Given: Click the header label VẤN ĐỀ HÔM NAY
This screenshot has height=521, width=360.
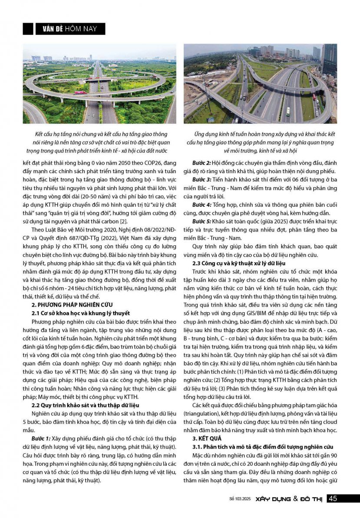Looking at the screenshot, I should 69,29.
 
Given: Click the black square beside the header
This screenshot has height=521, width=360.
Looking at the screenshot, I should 28,29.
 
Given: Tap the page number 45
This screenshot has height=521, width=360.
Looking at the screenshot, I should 332,498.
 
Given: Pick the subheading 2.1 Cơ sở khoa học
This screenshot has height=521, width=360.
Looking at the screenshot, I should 80,313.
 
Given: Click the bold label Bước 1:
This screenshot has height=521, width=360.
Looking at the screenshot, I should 42,439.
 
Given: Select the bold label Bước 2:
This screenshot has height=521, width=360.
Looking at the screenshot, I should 203,162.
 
